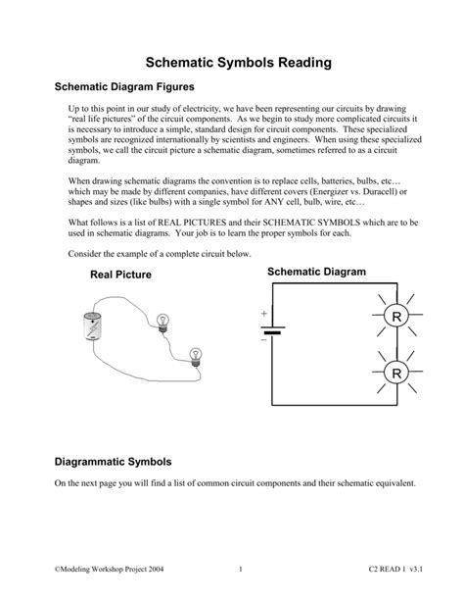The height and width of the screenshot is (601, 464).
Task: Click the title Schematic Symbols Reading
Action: point(232,61)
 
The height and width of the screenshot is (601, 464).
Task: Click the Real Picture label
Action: point(120,275)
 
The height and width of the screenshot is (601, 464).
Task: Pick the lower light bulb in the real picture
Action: point(194,354)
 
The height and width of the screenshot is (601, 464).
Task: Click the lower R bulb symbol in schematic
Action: point(396,375)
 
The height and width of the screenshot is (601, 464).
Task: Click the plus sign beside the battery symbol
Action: point(263,314)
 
